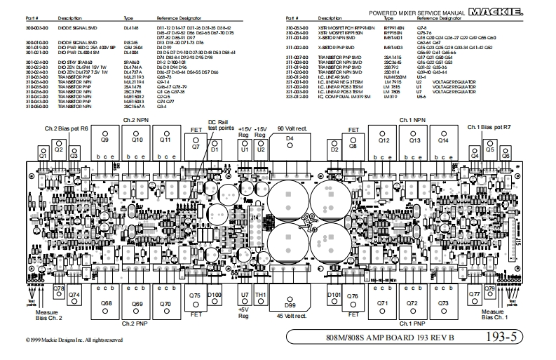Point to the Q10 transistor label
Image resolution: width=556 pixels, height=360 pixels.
point(137,140)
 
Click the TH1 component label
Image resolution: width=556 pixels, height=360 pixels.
point(261,295)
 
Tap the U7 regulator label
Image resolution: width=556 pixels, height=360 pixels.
point(245,295)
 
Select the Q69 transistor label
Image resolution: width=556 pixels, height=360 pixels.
point(137,303)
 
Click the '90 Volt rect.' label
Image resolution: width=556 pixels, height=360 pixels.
point(292,129)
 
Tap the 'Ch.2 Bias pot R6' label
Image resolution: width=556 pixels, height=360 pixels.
point(67,129)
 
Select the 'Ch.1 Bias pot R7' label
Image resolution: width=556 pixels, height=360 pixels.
point(489,129)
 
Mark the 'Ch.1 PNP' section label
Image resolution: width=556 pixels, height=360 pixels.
point(412,324)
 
